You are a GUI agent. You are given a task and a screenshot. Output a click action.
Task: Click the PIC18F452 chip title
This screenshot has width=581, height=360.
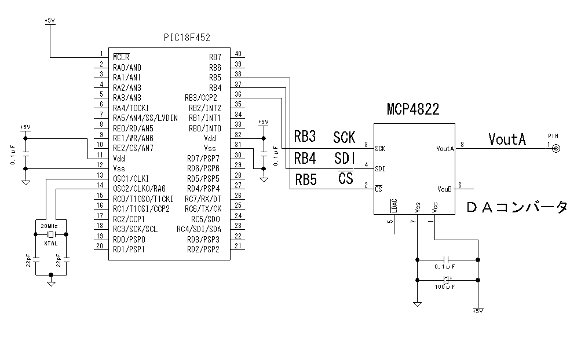(187, 37)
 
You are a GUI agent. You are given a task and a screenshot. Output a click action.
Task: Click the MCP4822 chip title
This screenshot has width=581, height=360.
(413, 109)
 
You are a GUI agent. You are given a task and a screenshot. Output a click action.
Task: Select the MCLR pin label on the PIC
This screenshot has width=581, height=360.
(121, 57)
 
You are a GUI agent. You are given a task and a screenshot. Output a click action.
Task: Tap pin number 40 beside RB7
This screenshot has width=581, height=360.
(238, 54)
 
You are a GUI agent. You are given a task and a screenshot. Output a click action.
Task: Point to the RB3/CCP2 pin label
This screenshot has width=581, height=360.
(201, 97)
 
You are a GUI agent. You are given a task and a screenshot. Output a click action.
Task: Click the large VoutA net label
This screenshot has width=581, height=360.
(507, 139)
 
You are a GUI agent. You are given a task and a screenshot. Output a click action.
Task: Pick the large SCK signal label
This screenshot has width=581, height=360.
(344, 138)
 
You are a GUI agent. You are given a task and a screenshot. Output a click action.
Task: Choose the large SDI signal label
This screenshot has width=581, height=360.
(344, 158)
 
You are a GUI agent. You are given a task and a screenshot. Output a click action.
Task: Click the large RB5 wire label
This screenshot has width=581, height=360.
(305, 179)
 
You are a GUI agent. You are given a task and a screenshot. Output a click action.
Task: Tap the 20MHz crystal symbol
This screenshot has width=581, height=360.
(51, 234)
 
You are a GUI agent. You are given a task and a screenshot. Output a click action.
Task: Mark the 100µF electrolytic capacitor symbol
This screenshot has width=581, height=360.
(446, 280)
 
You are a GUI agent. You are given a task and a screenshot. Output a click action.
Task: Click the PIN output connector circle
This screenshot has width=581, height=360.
(557, 149)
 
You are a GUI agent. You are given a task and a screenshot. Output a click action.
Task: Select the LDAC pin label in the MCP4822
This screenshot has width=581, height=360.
(394, 206)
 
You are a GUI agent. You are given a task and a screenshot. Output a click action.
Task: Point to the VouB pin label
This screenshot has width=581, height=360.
(444, 189)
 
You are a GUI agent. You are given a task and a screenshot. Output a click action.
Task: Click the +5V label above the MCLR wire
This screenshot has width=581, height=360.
(50, 21)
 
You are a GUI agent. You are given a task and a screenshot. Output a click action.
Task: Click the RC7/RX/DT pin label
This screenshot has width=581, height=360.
(202, 199)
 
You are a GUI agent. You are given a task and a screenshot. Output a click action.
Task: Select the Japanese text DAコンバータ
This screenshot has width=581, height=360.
(517, 207)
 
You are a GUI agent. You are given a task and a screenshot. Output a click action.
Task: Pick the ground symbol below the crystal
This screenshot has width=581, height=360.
(51, 284)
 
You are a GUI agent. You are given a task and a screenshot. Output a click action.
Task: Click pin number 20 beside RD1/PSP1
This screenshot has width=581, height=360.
(100, 245)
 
